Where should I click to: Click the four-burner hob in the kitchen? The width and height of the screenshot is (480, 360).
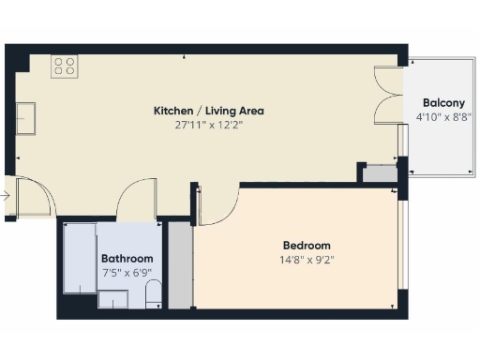65,66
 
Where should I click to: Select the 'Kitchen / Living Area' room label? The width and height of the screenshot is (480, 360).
202,111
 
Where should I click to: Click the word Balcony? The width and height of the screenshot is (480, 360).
442,103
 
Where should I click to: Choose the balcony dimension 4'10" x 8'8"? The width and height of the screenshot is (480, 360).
442,117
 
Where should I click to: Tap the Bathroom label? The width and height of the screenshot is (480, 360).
127,259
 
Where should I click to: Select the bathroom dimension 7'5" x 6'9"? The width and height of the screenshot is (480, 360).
127,272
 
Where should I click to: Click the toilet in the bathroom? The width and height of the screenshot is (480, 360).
154,297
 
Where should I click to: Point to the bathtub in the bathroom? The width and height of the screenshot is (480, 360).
79,258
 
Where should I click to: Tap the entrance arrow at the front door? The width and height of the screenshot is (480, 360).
6,196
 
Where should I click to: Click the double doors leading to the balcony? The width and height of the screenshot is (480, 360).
388,96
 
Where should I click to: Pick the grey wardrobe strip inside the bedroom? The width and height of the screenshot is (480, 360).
179,267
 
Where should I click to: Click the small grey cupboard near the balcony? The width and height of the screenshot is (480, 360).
380,173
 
